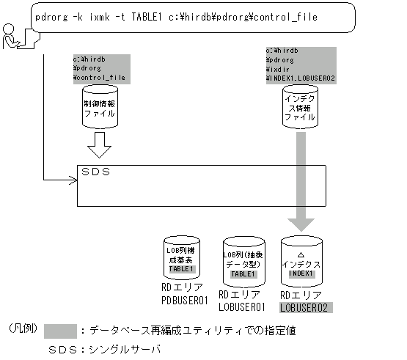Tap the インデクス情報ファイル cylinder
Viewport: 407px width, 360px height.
(x=299, y=107)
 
